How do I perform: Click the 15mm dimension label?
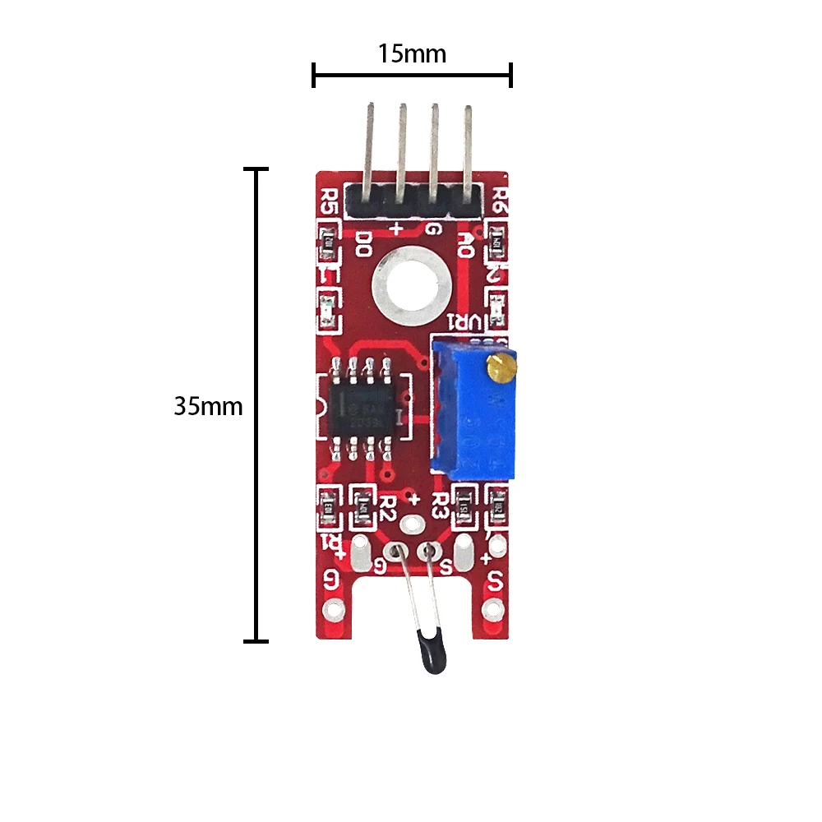pos(412,54)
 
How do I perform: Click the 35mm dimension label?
pos(208,406)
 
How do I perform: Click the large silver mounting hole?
pos(411,286)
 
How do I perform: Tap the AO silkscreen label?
pos(465,243)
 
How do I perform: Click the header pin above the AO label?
pos(468,148)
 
